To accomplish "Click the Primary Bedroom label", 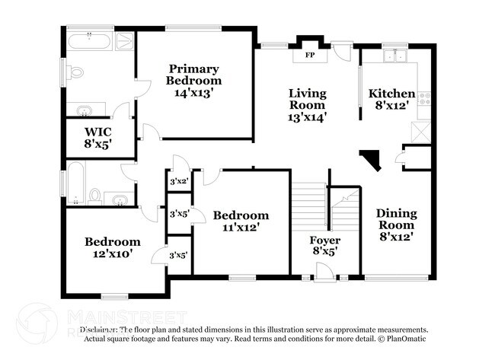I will [x=195, y=80].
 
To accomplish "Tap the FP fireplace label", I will [x=310, y=56].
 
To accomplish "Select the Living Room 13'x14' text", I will [x=308, y=105].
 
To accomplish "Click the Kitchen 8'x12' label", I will [x=392, y=100].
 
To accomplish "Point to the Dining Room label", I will [x=396, y=225].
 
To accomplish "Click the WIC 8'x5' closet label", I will [x=98, y=136].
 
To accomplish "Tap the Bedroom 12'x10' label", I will [x=112, y=248].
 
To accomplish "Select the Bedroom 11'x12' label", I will [x=241, y=221].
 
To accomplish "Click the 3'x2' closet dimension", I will [x=178, y=181].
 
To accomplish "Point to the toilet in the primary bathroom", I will [x=75, y=73].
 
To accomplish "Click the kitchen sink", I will [x=394, y=56].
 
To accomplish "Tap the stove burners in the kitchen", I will [x=426, y=98].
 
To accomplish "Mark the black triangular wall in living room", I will [x=372, y=160].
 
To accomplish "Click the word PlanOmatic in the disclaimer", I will [x=407, y=338].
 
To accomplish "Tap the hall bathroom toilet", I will [x=95, y=197].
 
